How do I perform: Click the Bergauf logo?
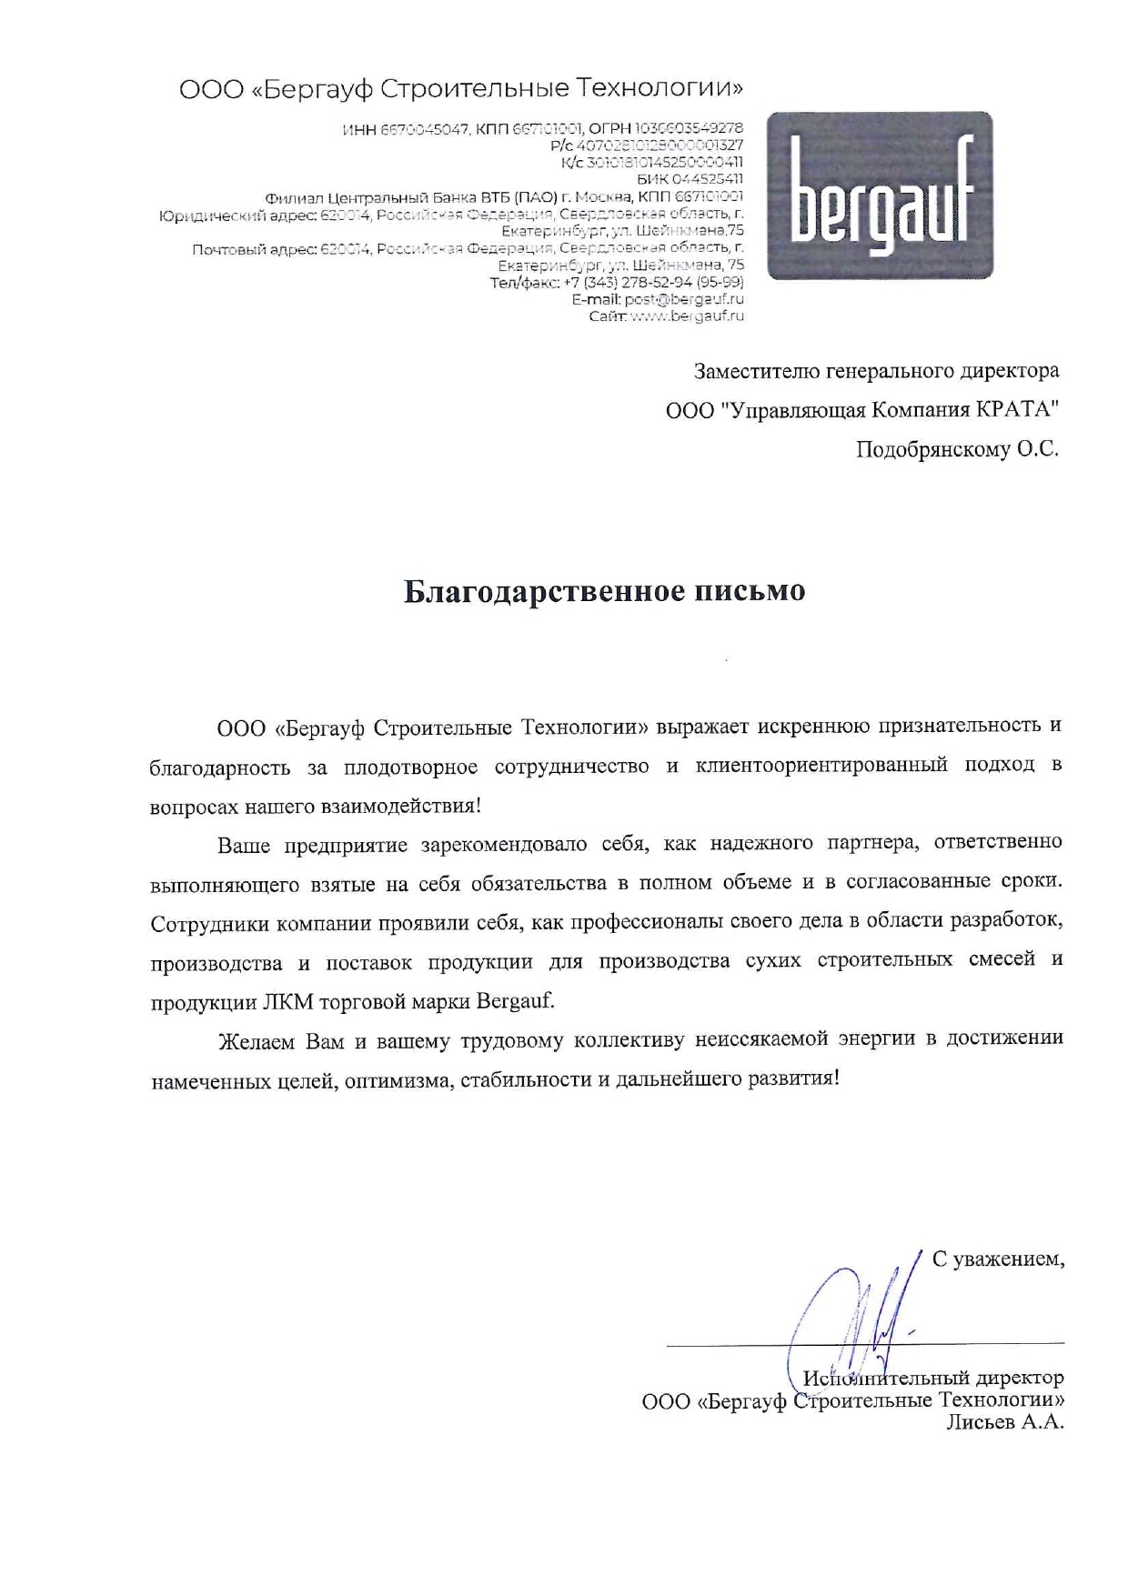tap(880, 195)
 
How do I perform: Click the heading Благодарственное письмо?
tap(604, 592)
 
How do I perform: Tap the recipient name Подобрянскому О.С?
tap(957, 450)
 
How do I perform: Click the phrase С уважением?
tap(998, 1259)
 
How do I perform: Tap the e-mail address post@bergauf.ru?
tap(684, 299)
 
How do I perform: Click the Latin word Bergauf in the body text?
tap(515, 1002)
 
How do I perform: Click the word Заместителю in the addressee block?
tap(757, 371)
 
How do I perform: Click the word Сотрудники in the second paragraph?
tap(209, 924)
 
